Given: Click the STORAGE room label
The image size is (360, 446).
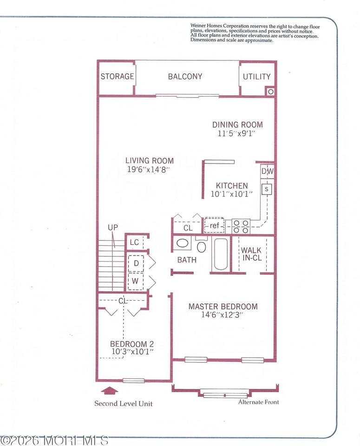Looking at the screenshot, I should coord(118,77).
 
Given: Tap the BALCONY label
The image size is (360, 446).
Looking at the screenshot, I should coord(185,77).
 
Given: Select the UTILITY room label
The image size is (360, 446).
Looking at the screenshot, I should coord(256,77).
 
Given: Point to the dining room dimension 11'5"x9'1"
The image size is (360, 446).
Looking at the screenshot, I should coord(237,133).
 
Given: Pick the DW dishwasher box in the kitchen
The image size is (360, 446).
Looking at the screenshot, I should coord(267,171).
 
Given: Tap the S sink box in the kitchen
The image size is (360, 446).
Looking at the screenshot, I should coord(267,189).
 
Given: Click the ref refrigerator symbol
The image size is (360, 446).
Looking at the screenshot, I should coord(214,226).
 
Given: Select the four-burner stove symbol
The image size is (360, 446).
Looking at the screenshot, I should coord(241,226).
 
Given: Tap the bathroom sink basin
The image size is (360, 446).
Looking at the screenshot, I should coord(183,243).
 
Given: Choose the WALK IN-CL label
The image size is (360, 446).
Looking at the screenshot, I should coord(251,254).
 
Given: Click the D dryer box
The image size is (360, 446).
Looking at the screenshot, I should coord(136,263).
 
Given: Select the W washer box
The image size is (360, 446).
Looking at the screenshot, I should coord(136,282).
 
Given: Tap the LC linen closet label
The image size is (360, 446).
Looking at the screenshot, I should coord(135,243).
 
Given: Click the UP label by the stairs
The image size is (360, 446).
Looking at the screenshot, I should coord(113,228).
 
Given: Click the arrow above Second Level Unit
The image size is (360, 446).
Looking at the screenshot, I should coord(110,391).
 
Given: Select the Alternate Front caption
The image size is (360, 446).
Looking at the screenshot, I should coord(258,402).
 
